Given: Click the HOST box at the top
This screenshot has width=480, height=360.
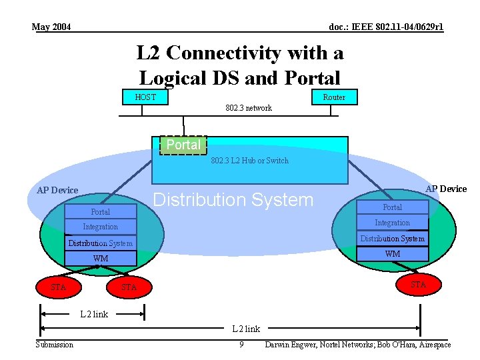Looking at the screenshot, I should coord(145,97).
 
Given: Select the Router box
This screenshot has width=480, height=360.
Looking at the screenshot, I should coord(334,97).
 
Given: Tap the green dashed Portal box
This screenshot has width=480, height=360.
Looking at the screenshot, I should coord(183,145).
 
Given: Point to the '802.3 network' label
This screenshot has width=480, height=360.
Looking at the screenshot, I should coord(249,108).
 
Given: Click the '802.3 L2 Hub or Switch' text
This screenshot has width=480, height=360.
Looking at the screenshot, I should coord(250,161).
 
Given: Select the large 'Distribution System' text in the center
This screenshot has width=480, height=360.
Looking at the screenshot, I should coord(233,199).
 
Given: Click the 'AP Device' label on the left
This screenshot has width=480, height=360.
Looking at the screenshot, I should coord(57,190).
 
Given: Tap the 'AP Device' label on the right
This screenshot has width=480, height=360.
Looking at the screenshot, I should coord(446,189).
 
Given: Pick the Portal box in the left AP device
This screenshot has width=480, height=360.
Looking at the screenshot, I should coord(101,212).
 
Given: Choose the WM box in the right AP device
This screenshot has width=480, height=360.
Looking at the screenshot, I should coord(393,254).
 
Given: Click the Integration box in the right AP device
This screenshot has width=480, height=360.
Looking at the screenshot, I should coord(392,223).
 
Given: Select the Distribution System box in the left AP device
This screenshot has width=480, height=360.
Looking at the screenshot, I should coord(101,243).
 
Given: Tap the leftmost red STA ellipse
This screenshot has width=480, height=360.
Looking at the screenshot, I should coord(59,287).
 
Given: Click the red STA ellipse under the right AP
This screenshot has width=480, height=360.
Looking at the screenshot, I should coord(418,285).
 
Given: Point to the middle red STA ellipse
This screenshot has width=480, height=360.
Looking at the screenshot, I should coord(129,287).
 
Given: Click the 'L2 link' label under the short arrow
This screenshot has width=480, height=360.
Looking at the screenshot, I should coord(94,314).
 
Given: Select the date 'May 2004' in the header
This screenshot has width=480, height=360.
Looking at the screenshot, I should coord(51,27).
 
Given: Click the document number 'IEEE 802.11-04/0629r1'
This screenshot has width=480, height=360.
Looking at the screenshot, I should coord(386,27).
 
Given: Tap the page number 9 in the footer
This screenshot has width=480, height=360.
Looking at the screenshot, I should coord(241,345).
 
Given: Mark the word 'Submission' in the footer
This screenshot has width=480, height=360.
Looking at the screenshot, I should coord(55,345).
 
